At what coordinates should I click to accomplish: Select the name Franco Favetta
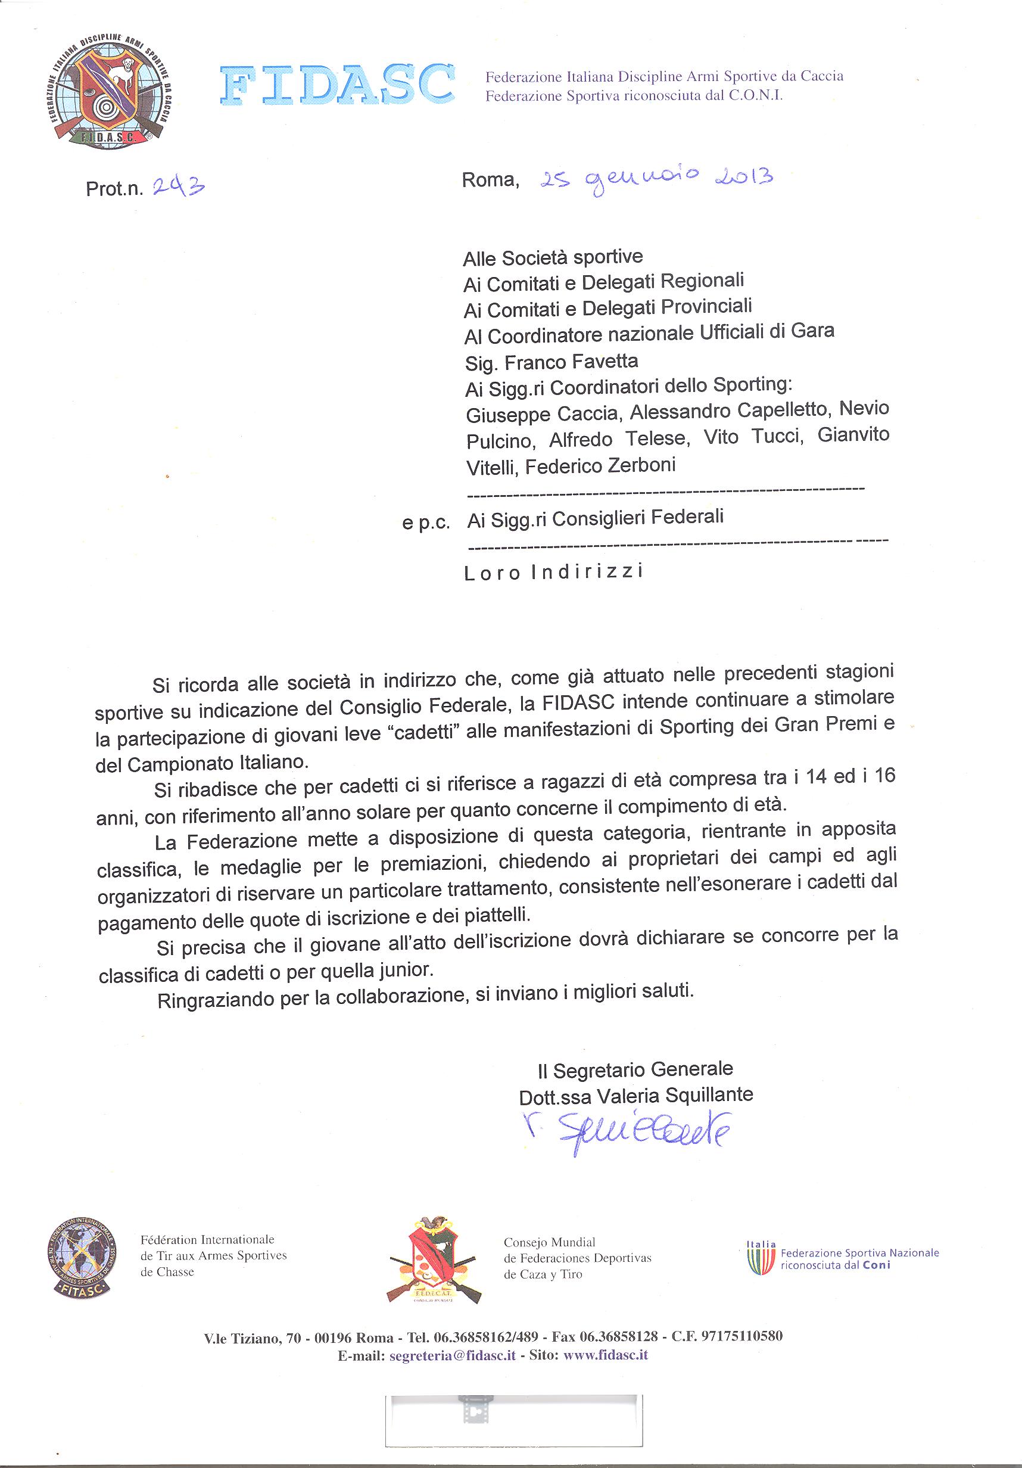coord(571,362)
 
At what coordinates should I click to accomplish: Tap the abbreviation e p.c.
coord(426,523)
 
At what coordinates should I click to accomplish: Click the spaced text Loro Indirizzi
coord(553,572)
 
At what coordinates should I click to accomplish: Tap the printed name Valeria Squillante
coord(675,1095)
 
